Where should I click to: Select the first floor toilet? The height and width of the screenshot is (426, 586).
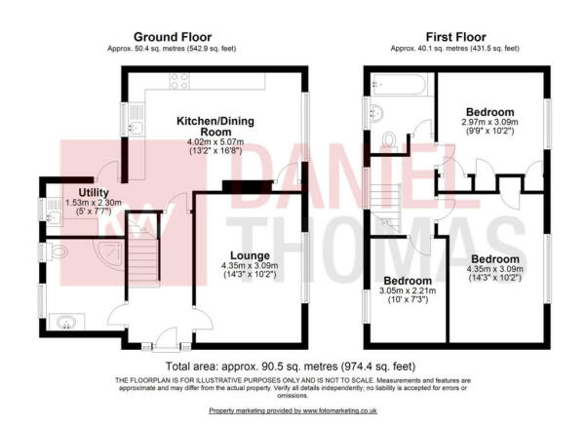pyautogui.click(x=390, y=142)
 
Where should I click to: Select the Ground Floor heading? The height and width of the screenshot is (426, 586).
pyautogui.click(x=172, y=35)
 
